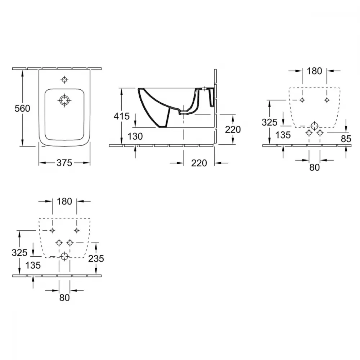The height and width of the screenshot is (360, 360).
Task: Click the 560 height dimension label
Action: pos(22,108)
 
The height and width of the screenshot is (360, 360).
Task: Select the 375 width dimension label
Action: pos(64,163)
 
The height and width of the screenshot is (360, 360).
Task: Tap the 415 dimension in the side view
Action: pos(121,116)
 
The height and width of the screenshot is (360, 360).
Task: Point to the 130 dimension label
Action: pos(135,136)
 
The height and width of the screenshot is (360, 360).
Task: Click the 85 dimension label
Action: pos(346,139)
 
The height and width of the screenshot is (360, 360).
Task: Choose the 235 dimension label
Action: pos(96,258)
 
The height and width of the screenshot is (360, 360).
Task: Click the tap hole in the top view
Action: pos(64,80)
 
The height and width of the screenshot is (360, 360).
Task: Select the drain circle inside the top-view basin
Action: pos(64,100)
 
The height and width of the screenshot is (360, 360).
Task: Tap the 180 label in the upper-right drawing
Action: pos(314,71)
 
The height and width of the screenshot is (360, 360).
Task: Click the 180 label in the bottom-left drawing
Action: pos(64,201)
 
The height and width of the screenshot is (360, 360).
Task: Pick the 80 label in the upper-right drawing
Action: pos(314,167)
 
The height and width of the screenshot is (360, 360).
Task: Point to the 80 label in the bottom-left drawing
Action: pos(64,298)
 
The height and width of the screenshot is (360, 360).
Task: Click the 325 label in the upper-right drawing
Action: pos(270,122)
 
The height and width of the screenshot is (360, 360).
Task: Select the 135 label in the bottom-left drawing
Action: pos(33,265)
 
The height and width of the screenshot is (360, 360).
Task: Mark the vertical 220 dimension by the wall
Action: pos(233,130)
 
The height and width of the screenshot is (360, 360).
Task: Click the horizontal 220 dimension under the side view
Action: pos(199,163)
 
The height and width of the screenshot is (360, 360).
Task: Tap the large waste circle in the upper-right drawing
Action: pos(314,126)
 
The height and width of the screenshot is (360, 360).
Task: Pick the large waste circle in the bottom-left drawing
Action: pos(64,256)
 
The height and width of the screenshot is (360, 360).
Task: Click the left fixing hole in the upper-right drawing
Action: pos(302,100)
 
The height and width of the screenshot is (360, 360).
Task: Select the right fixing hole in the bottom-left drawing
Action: pos(77,230)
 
